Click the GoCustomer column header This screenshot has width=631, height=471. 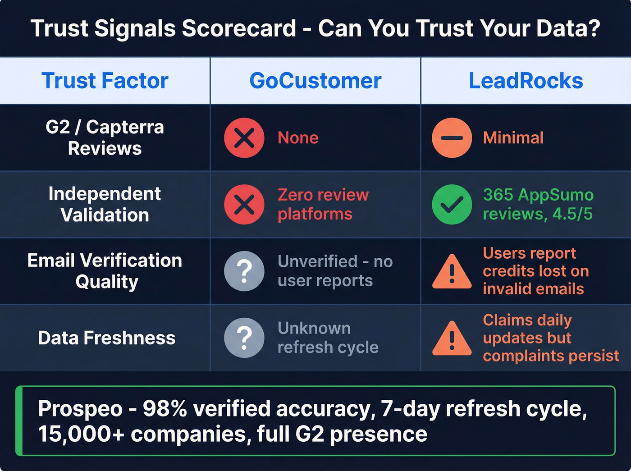[315, 81]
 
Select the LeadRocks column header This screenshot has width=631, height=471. [526, 81]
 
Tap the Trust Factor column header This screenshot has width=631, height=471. [105, 81]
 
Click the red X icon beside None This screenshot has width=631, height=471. [244, 137]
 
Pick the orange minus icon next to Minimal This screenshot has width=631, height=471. [452, 137]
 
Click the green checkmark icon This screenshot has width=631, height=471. [452, 204]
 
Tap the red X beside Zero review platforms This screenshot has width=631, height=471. [244, 204]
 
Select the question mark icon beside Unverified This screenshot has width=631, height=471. [244, 271]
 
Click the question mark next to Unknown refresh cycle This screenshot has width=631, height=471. [244, 338]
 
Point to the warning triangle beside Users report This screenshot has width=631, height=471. [452, 272]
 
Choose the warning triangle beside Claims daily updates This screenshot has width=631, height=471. [452, 339]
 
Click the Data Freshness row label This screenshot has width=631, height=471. [106, 338]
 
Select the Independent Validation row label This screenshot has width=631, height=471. [105, 204]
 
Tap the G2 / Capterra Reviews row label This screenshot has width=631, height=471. [105, 137]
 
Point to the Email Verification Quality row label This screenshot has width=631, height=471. [105, 271]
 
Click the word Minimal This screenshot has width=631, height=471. [513, 137]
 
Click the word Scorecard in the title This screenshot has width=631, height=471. [239, 28]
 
